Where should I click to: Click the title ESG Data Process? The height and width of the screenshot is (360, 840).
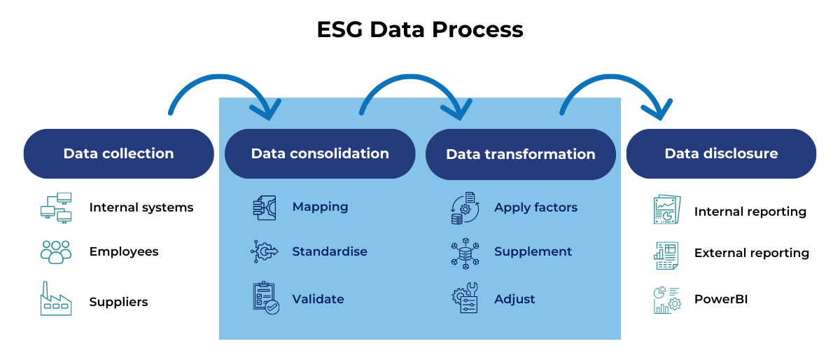click(x=419, y=29)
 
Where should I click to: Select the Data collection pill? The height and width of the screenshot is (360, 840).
click(x=118, y=153)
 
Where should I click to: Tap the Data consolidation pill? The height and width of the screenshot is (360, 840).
click(x=320, y=153)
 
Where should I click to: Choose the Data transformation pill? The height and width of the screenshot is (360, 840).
click(x=520, y=154)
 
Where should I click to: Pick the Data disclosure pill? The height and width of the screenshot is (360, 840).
click(x=721, y=153)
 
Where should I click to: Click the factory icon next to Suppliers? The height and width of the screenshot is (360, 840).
click(x=55, y=299)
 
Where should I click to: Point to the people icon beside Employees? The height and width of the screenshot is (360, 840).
click(x=55, y=251)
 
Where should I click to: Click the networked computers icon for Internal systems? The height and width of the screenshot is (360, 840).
click(x=55, y=208)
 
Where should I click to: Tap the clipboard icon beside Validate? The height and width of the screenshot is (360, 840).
click(x=265, y=298)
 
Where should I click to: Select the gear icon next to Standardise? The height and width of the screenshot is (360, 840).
click(x=265, y=251)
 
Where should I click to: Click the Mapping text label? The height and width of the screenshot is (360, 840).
click(x=320, y=207)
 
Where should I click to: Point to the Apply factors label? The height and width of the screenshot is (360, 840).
click(x=535, y=207)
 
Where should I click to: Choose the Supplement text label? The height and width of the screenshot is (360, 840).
click(x=533, y=251)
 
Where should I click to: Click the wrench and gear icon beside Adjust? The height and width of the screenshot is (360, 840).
click(x=465, y=298)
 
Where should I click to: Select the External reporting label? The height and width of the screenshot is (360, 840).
click(x=751, y=253)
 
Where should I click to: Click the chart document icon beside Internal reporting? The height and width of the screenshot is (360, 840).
click(x=666, y=209)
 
